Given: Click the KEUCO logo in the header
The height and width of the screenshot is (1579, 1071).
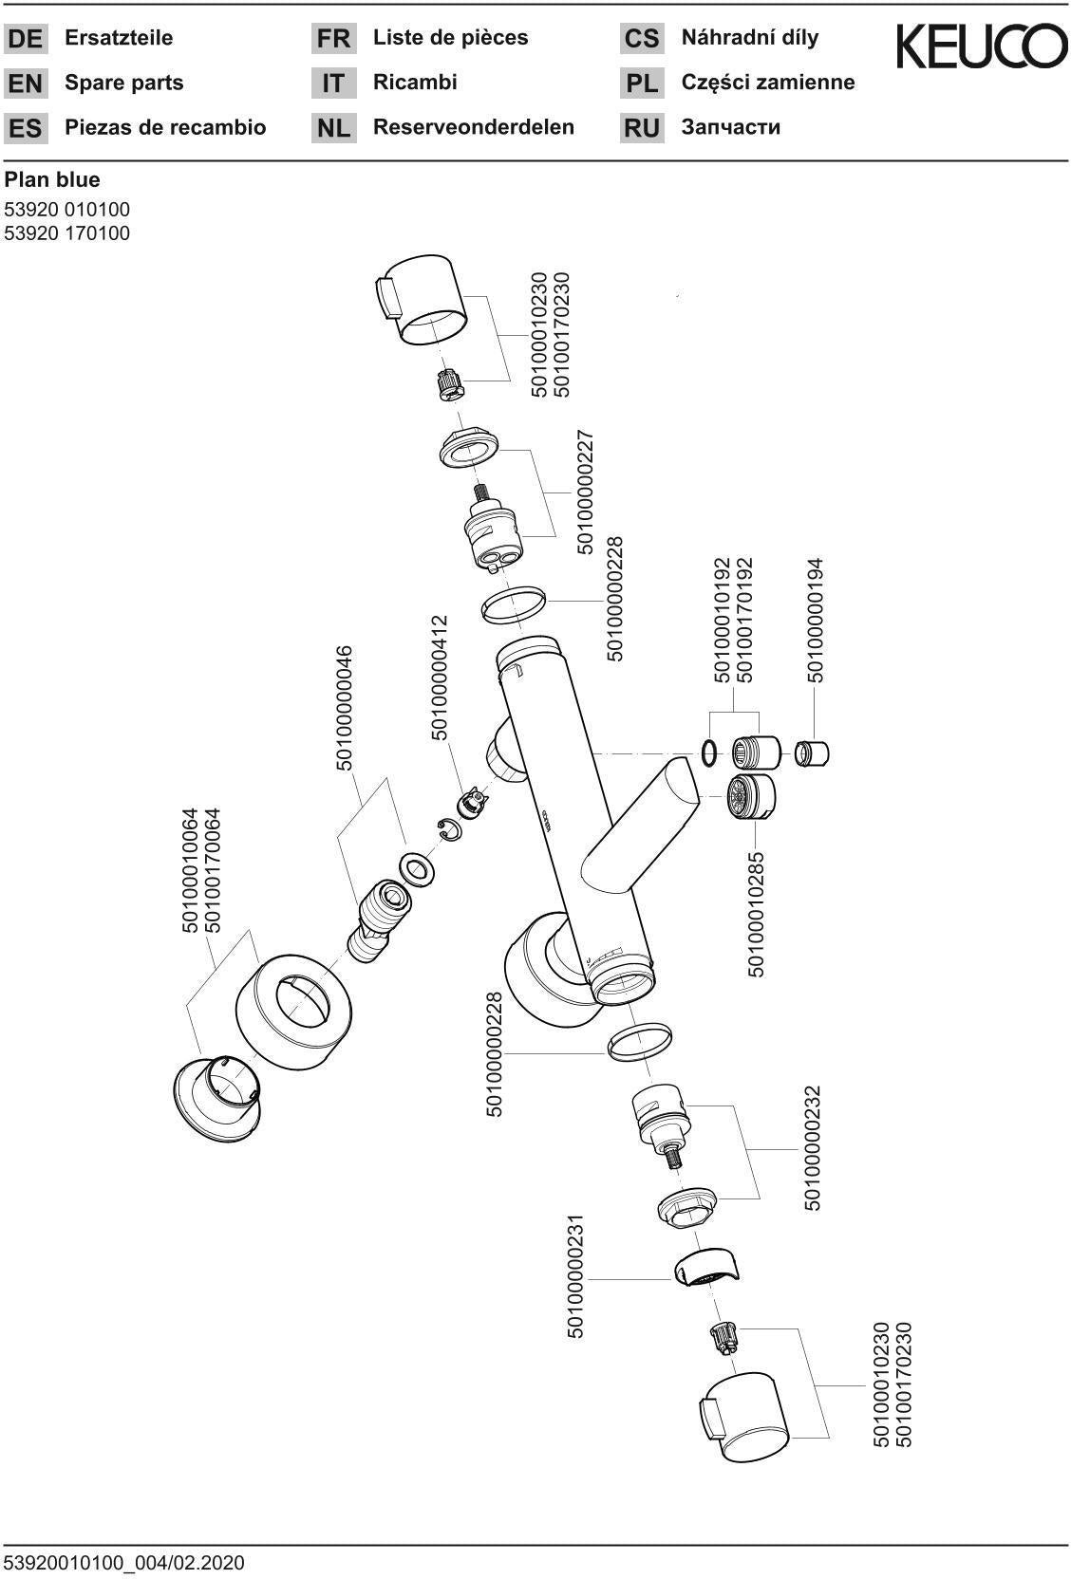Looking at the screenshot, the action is click(982, 46).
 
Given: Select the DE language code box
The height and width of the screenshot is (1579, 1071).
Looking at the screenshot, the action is click(26, 38).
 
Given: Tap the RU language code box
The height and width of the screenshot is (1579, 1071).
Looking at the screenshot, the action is click(641, 128).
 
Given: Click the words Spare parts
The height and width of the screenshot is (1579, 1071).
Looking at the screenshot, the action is click(124, 83).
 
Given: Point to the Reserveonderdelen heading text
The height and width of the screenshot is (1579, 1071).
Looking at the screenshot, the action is click(474, 127).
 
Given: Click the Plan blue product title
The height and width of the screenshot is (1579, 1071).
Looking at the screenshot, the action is click(52, 179).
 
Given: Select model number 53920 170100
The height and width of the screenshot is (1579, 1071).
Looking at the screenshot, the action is click(67, 232).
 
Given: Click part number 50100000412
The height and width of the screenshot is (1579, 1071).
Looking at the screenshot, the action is click(440, 678).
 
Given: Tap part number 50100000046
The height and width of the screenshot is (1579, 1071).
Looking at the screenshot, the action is click(344, 709).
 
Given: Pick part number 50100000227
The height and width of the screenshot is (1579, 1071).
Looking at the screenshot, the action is click(586, 492).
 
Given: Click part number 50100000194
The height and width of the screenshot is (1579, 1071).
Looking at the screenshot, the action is click(815, 621).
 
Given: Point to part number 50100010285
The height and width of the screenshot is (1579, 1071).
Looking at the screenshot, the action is click(756, 915).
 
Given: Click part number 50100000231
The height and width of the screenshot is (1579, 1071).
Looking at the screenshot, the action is click(575, 1276).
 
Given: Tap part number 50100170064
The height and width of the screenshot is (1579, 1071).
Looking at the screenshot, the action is click(213, 870).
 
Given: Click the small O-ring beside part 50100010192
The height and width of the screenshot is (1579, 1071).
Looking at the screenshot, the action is click(710, 752).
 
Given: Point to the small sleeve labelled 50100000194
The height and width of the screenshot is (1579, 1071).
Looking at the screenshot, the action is click(812, 753).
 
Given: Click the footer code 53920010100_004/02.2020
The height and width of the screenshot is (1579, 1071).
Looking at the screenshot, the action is click(124, 1563).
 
